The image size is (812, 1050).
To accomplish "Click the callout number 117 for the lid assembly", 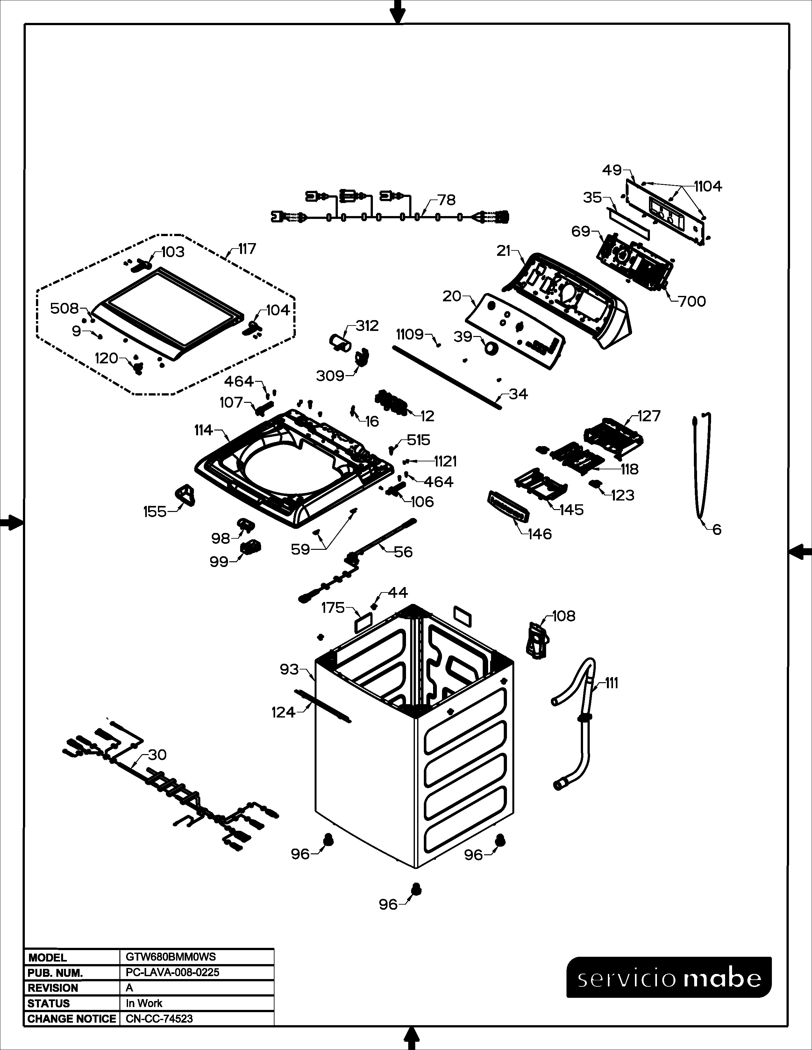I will coord(247,249).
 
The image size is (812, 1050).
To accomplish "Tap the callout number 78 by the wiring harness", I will coord(446,200).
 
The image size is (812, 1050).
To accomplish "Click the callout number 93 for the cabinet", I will coord(289,669).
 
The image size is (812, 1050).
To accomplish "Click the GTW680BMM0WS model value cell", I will coord(171,957).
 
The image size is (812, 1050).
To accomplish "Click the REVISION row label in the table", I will coord(53,988).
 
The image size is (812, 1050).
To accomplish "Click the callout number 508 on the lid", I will coord(64,308).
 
